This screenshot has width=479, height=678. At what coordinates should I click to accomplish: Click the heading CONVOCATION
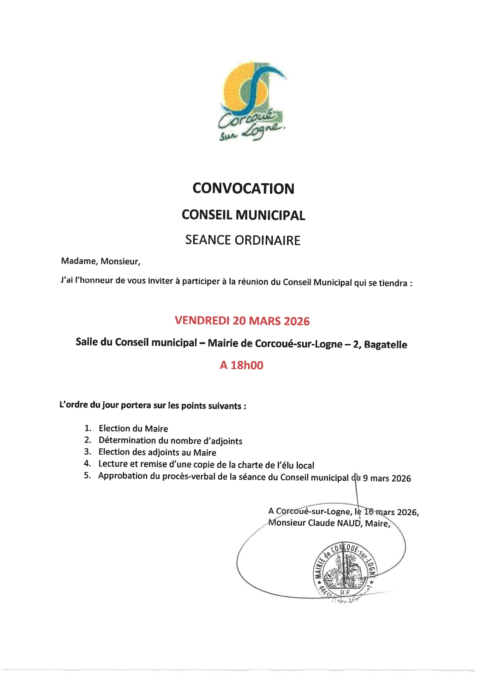243,189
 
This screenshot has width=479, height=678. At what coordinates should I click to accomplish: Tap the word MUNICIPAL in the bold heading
270,215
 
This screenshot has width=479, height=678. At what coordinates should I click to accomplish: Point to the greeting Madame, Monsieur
100,261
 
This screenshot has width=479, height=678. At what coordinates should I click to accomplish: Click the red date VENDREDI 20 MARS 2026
242,321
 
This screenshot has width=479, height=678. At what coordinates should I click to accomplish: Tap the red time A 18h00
241,365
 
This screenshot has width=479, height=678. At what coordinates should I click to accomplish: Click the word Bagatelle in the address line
386,344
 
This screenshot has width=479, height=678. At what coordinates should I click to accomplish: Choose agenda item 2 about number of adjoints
170,441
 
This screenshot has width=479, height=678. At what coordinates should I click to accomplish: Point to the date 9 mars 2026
387,478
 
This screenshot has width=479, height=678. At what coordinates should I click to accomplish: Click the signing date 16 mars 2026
390,512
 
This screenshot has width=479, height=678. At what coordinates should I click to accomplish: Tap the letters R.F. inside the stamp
345,593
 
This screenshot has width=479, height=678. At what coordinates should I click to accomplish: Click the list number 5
87,475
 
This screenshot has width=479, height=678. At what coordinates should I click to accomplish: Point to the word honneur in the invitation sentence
95,280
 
